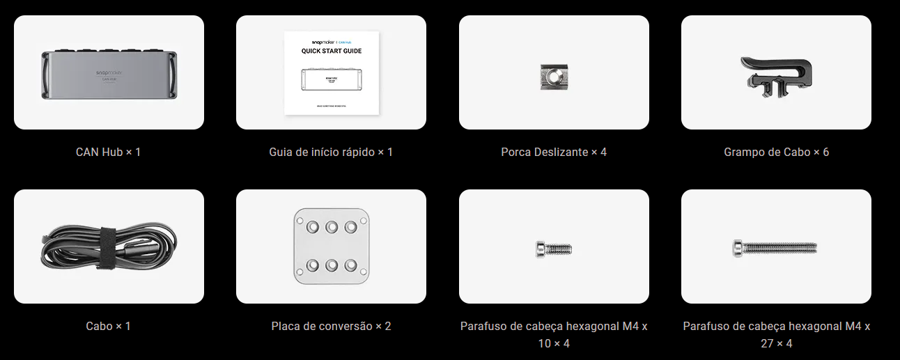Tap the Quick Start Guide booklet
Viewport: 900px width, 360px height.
(332, 73)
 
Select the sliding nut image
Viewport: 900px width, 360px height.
(554, 75)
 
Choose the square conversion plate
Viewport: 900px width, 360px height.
(332, 246)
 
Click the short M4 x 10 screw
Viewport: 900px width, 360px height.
(554, 247)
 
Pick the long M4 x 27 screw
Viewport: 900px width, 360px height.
(775, 247)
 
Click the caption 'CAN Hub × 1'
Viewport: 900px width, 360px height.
(109, 151)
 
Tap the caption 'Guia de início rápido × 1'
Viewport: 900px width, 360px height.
(331, 151)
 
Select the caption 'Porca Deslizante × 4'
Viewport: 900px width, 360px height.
(554, 151)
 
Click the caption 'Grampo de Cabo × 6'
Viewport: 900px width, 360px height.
(776, 151)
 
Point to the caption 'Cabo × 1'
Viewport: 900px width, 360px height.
(109, 325)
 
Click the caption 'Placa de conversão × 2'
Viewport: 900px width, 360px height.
(331, 325)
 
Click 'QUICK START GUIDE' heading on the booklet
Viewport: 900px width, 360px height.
(332, 51)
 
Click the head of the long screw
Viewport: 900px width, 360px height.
(738, 247)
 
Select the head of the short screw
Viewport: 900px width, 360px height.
(541, 247)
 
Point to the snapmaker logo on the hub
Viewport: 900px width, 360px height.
(109, 71)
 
